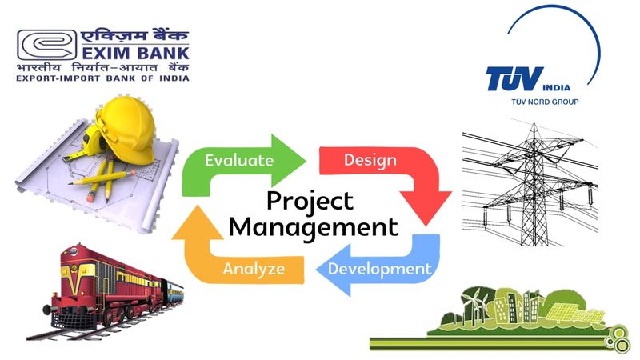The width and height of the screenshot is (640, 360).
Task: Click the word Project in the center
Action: click(310, 202)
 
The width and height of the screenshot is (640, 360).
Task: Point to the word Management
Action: click(313, 228)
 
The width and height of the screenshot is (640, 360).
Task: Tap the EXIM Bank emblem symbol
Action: click(46, 45)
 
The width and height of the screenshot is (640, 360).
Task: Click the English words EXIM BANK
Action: click(135, 53)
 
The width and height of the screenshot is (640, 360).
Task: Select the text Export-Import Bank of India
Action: click(103, 78)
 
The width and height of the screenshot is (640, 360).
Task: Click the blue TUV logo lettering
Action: click(514, 78)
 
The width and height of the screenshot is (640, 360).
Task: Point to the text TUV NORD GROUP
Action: click(545, 102)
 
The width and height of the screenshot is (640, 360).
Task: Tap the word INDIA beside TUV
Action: click(556, 87)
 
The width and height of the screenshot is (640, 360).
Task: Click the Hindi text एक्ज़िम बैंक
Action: click(134, 35)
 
